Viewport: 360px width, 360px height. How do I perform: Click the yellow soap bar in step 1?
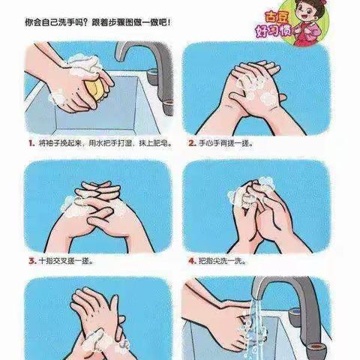94,88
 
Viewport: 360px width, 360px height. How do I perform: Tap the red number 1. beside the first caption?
31,143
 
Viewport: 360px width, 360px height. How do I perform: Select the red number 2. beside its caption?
192,143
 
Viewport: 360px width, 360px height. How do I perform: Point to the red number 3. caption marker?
32,261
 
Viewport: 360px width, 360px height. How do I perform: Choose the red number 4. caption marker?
192,261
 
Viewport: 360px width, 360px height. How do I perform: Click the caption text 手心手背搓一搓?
224,143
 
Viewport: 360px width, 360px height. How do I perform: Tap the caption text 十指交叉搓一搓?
65,261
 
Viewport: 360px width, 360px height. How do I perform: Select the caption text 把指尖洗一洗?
220,261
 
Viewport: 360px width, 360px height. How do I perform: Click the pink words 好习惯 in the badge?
273,31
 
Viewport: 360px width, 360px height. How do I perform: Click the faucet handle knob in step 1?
152,76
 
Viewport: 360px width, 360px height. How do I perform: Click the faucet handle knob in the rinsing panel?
295,317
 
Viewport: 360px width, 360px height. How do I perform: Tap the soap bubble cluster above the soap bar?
84,64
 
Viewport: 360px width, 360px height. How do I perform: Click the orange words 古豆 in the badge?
277,17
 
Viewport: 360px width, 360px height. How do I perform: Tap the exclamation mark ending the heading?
169,22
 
